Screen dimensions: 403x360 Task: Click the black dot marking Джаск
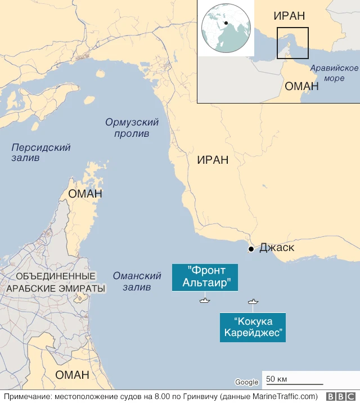[x=251, y=249]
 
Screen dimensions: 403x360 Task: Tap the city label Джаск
[x=277, y=248]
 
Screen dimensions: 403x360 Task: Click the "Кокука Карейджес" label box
[x=253, y=327]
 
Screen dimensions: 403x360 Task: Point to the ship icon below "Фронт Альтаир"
[x=204, y=300]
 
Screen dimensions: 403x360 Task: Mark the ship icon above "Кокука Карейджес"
[x=254, y=302]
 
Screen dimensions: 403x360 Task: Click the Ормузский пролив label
[x=132, y=128]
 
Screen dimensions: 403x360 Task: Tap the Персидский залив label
[x=40, y=153]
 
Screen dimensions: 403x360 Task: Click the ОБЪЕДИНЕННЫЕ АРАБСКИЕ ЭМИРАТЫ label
[x=56, y=283]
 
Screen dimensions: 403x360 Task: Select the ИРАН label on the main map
[x=213, y=160]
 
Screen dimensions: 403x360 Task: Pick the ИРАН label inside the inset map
[x=290, y=16]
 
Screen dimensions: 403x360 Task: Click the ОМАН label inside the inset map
[x=301, y=86]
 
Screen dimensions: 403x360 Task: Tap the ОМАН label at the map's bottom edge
[x=73, y=375]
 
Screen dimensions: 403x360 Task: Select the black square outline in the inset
[x=292, y=43]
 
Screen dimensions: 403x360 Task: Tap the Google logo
[x=246, y=382]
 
